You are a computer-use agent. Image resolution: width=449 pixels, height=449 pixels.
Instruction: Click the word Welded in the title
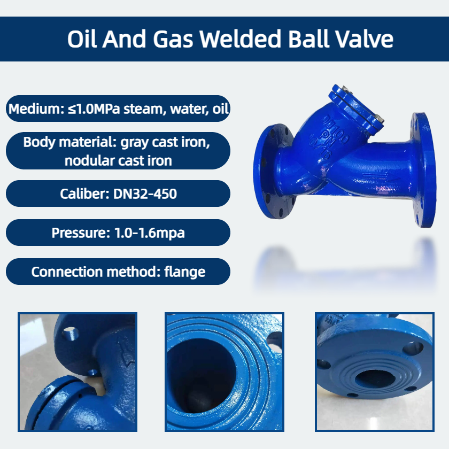click(x=240, y=38)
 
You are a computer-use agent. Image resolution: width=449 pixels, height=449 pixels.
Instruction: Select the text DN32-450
click(x=145, y=194)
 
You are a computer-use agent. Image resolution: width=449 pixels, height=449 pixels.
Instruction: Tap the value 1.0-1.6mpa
click(x=150, y=233)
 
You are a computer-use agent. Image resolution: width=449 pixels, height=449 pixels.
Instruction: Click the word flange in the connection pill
click(x=185, y=272)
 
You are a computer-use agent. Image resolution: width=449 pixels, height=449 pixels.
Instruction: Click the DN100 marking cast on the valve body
click(x=335, y=129)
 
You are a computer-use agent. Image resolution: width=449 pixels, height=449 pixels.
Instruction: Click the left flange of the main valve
click(x=274, y=171)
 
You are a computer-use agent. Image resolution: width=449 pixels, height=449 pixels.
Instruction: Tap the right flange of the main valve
click(x=424, y=170)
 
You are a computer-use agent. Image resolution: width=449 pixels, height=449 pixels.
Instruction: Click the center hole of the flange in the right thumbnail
click(x=371, y=378)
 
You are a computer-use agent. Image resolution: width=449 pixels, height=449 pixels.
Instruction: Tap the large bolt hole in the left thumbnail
click(x=70, y=334)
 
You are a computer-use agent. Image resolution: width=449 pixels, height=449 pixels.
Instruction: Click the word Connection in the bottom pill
click(x=67, y=272)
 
